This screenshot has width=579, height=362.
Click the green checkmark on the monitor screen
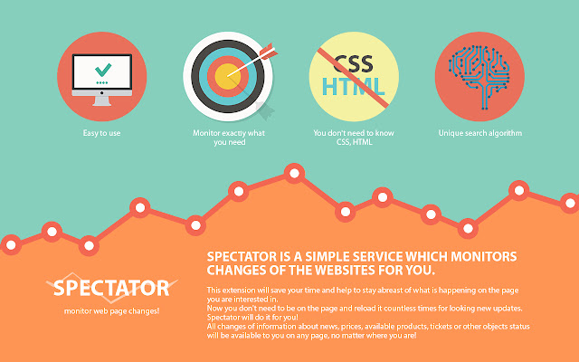click(103, 70)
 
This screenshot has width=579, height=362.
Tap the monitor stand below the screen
click(102, 100)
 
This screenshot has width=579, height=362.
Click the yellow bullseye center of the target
click(227, 76)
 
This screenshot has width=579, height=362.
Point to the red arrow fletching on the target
click(268, 52)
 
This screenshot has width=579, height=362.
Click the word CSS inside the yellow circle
click(354, 64)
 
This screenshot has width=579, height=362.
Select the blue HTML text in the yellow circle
click(354, 87)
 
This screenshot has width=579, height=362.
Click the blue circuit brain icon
click(479, 77)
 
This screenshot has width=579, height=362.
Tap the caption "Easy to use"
click(101, 133)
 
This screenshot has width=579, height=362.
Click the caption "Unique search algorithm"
click(480, 133)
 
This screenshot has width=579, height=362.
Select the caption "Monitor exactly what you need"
click(229, 138)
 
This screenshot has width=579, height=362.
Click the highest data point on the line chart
click(294, 173)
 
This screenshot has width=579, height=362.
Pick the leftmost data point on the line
click(11, 244)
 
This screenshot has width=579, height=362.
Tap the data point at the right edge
click(570, 203)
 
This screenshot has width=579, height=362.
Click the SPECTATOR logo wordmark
click(111, 288)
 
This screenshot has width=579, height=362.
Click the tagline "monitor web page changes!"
click(111, 311)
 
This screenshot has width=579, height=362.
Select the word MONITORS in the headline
click(484, 256)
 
